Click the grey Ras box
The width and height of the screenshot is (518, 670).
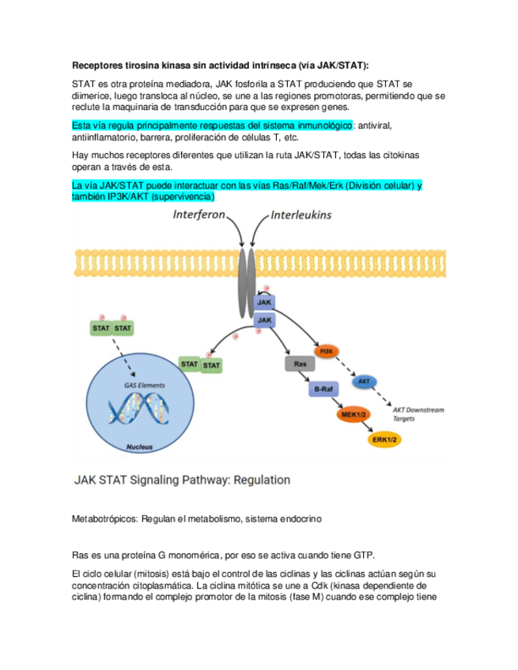(299, 364)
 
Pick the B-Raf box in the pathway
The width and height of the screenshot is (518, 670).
(323, 390)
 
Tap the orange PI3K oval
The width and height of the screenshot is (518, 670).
(323, 351)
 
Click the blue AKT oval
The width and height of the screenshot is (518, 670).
(364, 382)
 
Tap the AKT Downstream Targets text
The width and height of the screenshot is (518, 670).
(418, 414)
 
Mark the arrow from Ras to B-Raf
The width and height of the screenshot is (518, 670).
(309, 377)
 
